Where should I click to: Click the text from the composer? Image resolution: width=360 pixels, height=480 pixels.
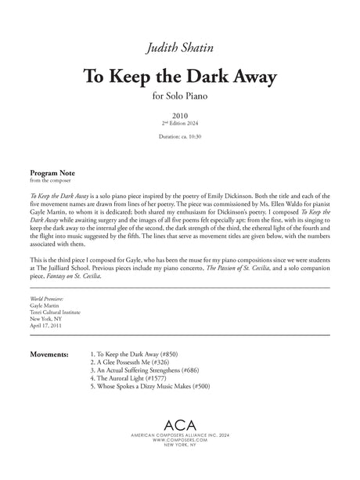[x=49, y=179]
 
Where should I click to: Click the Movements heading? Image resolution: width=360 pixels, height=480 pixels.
[x=53, y=333]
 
